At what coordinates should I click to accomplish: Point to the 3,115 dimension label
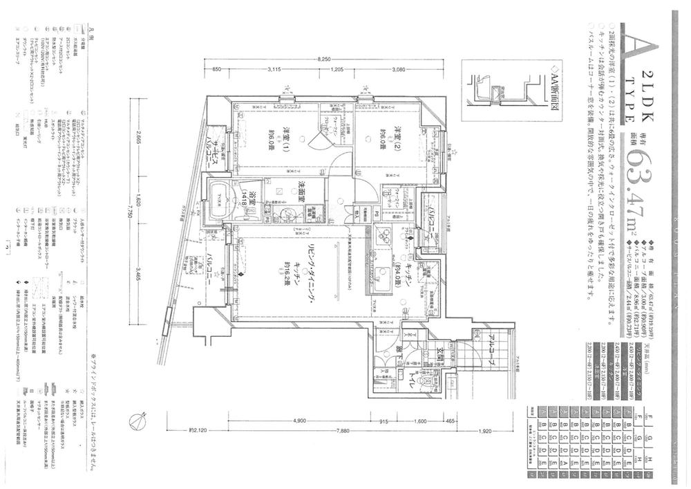pyautogui.click(x=277, y=70)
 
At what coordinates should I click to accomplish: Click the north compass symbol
pyautogui.click(x=138, y=418)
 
